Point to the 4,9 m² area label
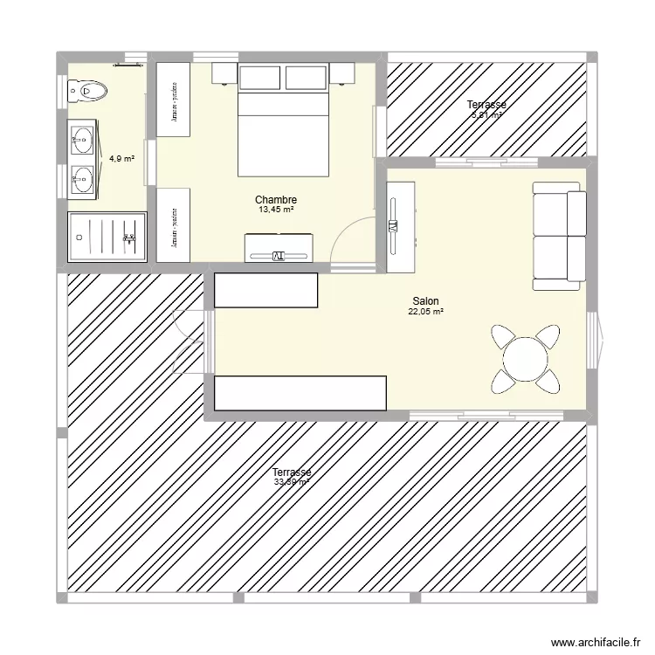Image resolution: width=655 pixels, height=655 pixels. pyautogui.click(x=121, y=159)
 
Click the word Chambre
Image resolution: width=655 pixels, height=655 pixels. pyautogui.click(x=276, y=200)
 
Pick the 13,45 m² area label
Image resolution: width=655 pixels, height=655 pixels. pyautogui.click(x=276, y=210)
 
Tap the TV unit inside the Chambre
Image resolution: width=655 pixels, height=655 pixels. pyautogui.click(x=279, y=247)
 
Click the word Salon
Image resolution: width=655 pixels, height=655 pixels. pyautogui.click(x=425, y=300)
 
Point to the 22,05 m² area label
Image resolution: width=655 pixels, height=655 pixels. pyautogui.click(x=426, y=311)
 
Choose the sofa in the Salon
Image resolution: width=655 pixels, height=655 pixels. pyautogui.click(x=559, y=236)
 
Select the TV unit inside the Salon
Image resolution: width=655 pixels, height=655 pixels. pyautogui.click(x=400, y=226)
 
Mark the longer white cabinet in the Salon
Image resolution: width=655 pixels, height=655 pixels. pyautogui.click(x=300, y=393)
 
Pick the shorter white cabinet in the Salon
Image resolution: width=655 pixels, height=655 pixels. pyautogui.click(x=265, y=290)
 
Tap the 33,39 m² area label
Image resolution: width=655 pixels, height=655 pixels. pyautogui.click(x=292, y=482)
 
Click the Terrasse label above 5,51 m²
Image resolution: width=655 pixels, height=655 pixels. pyautogui.click(x=486, y=105)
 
